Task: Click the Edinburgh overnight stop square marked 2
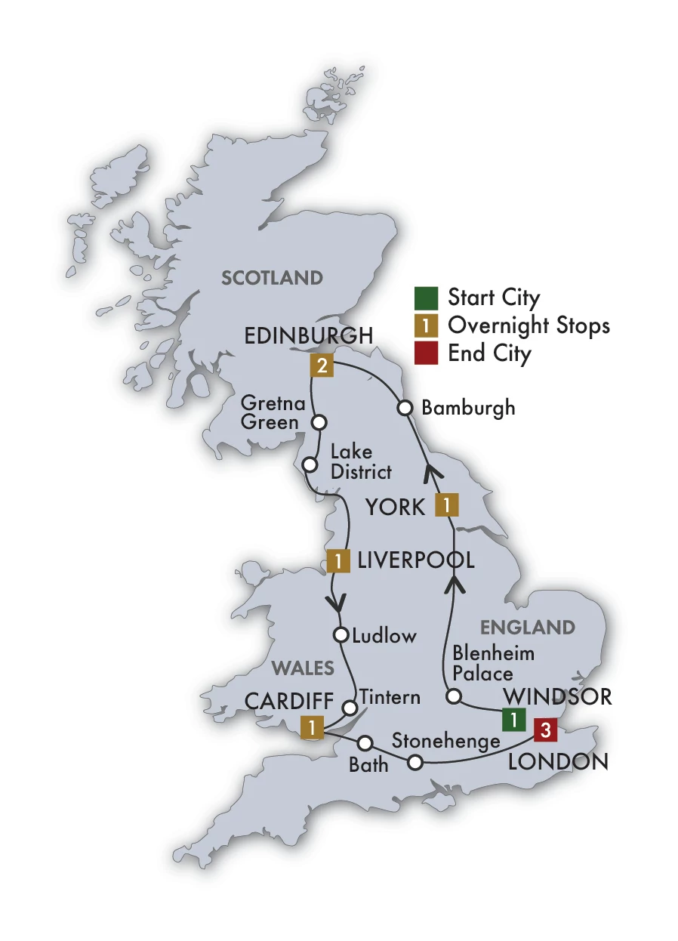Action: [322, 367]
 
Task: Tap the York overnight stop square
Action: [447, 504]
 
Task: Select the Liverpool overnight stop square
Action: [337, 561]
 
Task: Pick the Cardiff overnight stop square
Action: [311, 727]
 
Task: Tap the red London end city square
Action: [545, 730]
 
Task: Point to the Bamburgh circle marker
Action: [405, 408]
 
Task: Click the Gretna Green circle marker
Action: [319, 422]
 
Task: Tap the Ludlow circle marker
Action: [341, 634]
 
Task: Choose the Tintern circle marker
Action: [350, 708]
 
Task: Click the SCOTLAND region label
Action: [272, 278]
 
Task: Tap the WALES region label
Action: [303, 668]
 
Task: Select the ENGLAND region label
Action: [528, 627]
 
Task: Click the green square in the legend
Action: [426, 297]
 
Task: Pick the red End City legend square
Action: [426, 353]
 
